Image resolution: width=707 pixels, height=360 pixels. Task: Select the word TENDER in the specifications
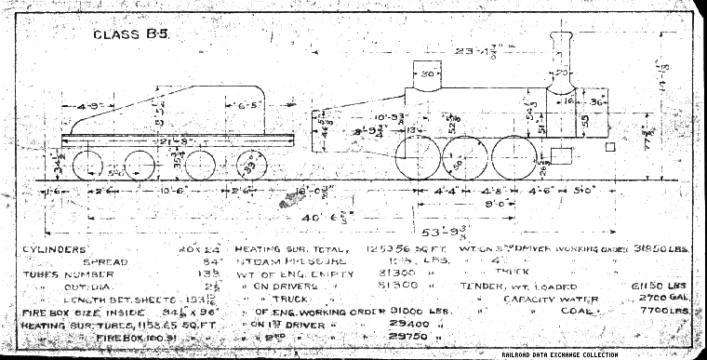click(485, 286)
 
